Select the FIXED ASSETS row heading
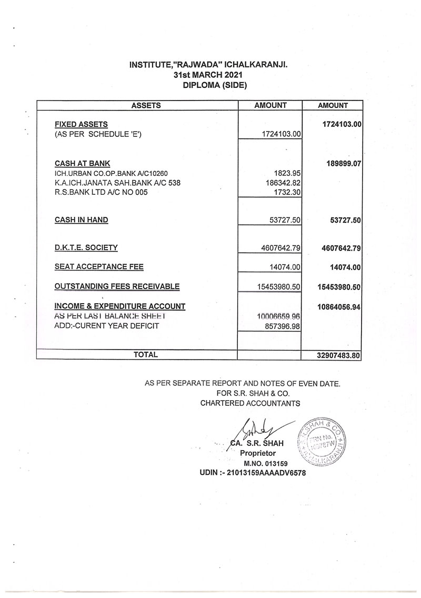coord(81,125)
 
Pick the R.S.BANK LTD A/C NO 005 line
coord(102,193)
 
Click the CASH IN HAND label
coord(82,220)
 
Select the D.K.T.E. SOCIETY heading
coord(86,247)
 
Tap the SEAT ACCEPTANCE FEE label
coord(99,267)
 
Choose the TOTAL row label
coord(146,355)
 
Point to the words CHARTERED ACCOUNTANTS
coord(250,403)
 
